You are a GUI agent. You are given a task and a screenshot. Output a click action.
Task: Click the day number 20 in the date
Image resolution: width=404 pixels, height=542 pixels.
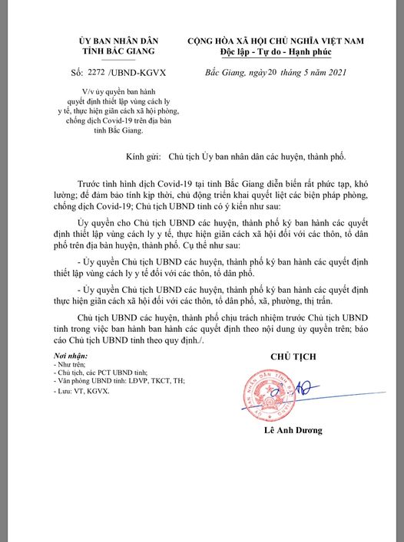tap(267, 72)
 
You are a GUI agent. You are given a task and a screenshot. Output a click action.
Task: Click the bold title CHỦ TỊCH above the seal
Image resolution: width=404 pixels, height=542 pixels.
tap(293, 357)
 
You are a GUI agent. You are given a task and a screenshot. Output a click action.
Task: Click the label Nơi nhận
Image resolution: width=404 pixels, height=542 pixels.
tap(71, 356)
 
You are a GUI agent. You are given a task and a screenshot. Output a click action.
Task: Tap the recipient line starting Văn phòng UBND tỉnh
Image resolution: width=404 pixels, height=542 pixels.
tap(114, 380)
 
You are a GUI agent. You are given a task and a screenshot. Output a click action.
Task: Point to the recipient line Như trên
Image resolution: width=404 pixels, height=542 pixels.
tap(75, 365)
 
